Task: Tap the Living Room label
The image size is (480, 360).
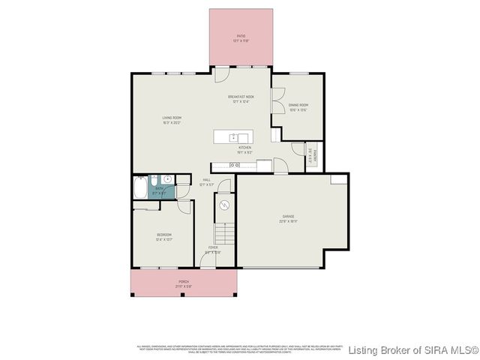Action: pos(172,118)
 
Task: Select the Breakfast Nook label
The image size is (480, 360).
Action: pos(241,97)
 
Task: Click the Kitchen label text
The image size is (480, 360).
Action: pos(244,148)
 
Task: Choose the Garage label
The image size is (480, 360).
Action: pos(288,219)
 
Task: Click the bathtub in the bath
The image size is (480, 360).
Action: pos(140,187)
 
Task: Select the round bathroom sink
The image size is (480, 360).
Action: pos(168,180)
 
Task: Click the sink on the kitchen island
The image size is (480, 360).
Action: pos(233,136)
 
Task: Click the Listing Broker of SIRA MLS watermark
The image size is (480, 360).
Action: pos(413,350)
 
